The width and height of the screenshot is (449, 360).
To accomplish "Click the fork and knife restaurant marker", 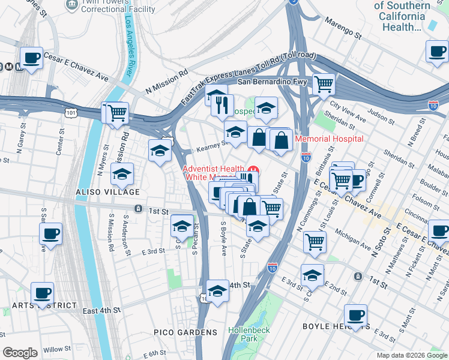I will point(222,105).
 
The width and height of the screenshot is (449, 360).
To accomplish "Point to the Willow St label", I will point(56,349).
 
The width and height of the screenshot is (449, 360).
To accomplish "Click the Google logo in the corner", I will point(20,353).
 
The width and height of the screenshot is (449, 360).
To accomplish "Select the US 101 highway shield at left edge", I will point(71,112).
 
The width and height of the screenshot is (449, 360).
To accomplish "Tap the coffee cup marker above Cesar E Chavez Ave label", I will point(31,58).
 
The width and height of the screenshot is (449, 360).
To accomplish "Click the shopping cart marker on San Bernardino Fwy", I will point(324,83).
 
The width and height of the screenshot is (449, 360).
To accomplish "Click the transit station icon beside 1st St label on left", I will point(139,209).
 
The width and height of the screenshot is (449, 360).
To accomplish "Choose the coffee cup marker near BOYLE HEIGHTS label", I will point(355,315).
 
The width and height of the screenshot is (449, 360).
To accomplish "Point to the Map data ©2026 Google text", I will point(408,355).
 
